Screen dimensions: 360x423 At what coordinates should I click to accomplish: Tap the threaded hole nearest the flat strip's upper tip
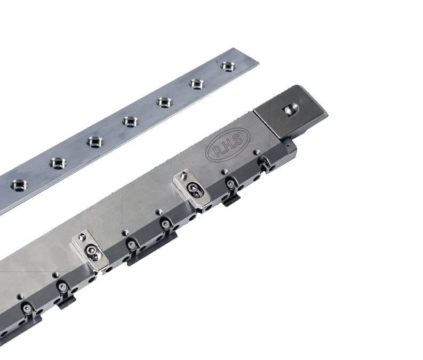tap(228, 66)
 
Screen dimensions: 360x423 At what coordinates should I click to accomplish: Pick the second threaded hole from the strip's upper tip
tap(196, 84)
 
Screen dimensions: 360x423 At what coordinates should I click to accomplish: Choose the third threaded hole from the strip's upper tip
tap(164, 101)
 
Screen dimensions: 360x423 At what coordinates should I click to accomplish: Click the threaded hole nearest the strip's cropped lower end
tap(19, 185)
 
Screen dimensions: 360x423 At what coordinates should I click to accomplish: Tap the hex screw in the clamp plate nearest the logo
tap(193, 188)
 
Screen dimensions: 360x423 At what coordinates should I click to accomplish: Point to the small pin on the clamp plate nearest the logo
tap(184, 174)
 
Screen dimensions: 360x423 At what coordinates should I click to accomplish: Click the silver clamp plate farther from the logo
tap(91, 250)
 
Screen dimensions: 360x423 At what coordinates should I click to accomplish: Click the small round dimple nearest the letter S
tap(257, 152)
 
